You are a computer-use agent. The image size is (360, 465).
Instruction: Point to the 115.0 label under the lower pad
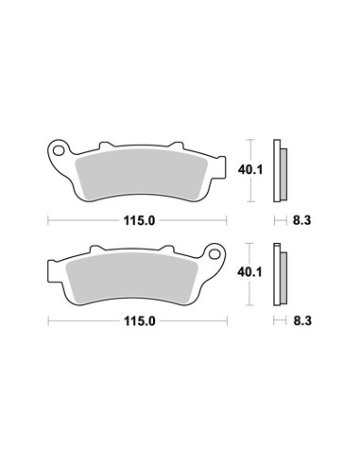click(x=138, y=320)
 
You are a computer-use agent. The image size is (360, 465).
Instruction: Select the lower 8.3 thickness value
click(x=300, y=321)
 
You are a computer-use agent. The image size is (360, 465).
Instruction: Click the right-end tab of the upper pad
click(x=222, y=168)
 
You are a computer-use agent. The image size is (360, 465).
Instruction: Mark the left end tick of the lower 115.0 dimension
click(x=48, y=320)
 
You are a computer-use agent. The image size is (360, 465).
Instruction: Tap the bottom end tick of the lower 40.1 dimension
click(x=249, y=303)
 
